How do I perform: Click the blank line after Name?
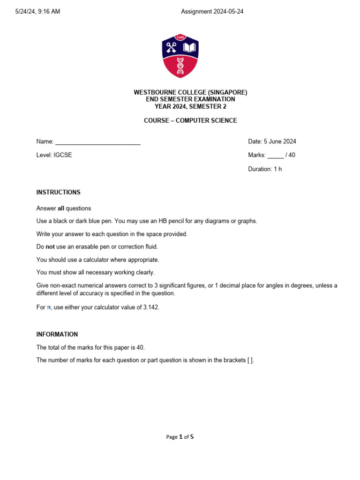98,142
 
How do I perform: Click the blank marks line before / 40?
276,155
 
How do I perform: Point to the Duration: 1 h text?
265,169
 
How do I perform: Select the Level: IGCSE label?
54,155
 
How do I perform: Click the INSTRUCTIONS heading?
59,192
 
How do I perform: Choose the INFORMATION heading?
57,334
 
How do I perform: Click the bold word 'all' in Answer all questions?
60,208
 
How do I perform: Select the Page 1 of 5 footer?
180,437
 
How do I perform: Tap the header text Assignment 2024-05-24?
212,12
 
